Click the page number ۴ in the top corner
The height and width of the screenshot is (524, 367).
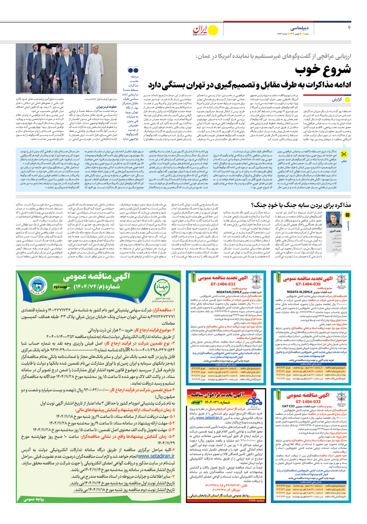click(x=349, y=28)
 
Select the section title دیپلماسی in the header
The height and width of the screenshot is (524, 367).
click(x=299, y=28)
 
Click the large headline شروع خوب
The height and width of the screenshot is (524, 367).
click(x=323, y=70)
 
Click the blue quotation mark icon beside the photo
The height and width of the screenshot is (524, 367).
click(x=133, y=70)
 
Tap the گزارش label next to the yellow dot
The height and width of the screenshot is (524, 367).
click(x=337, y=100)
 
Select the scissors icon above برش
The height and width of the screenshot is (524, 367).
click(x=344, y=154)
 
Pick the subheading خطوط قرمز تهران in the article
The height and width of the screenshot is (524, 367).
click(x=107, y=107)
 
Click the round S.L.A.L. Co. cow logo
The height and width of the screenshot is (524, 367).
click(x=38, y=284)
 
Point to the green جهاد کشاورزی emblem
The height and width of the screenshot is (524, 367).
click(x=163, y=287)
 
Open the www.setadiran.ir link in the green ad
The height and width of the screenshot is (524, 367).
click(x=156, y=456)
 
